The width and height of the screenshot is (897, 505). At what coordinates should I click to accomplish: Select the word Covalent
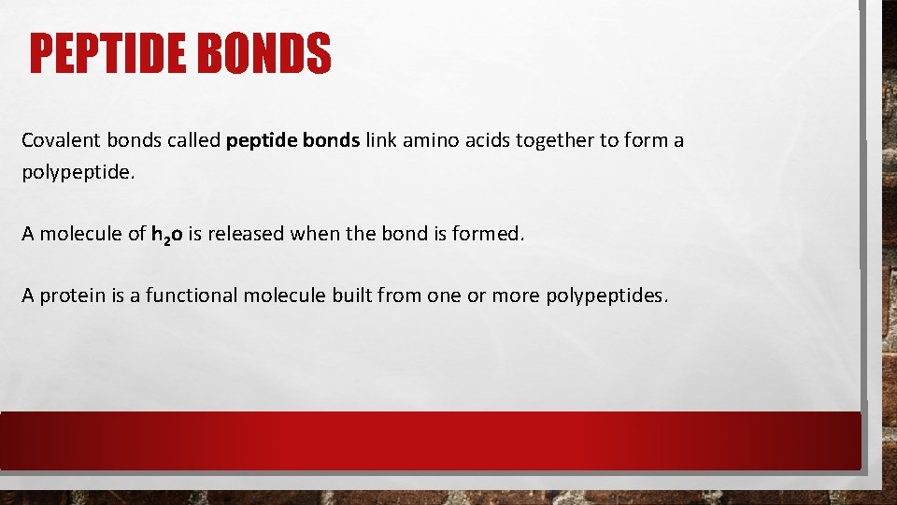(x=58, y=140)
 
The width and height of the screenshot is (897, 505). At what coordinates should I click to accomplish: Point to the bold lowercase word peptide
(x=259, y=140)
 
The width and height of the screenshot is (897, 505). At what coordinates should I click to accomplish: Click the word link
(x=381, y=140)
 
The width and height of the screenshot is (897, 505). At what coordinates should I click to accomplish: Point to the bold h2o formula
(x=167, y=234)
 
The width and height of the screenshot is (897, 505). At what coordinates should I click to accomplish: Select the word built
(x=353, y=295)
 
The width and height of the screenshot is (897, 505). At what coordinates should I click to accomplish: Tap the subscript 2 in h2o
(x=165, y=238)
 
